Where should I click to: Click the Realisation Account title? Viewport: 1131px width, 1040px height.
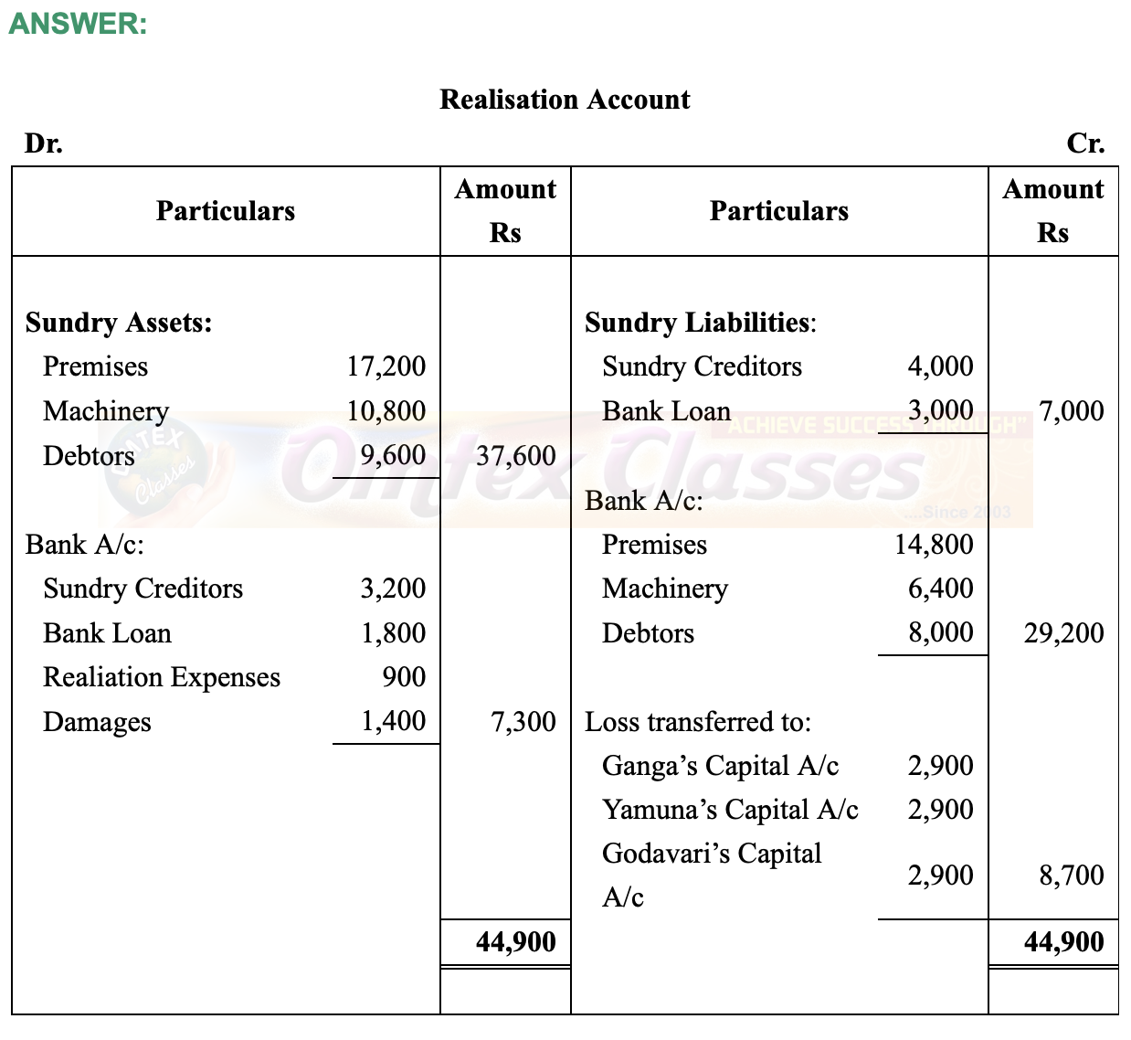pos(565,100)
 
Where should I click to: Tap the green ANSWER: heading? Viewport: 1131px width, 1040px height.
pos(78,24)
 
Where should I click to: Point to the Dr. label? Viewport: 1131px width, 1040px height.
pos(44,143)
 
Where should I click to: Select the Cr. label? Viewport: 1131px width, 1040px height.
pos(1085,143)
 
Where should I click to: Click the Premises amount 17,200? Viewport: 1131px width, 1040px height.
pos(386,366)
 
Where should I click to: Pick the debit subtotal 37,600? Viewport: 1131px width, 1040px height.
pos(515,455)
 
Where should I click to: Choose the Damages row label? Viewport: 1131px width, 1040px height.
pos(97,722)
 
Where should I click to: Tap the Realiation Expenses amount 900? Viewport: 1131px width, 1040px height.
pos(404,677)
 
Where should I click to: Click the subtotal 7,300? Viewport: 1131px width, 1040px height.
pos(523,722)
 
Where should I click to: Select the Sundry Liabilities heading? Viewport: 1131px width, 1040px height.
pos(701,323)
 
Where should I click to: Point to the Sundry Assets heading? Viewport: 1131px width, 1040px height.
pos(119,323)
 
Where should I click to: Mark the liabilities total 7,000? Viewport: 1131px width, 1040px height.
pos(1071,411)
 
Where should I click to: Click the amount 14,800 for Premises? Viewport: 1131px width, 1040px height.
pos(934,545)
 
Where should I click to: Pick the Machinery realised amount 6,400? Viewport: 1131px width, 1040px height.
pos(940,589)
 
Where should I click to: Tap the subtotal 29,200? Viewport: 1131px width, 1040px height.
pos(1063,633)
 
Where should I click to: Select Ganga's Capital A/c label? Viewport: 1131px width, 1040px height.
pos(720,766)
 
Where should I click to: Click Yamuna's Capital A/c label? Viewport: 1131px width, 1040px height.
pos(730,810)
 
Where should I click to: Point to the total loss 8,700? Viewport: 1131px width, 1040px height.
pos(1071,876)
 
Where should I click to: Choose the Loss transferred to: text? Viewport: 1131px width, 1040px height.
pos(698,722)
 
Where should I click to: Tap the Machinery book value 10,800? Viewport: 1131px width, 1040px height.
pos(386,411)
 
